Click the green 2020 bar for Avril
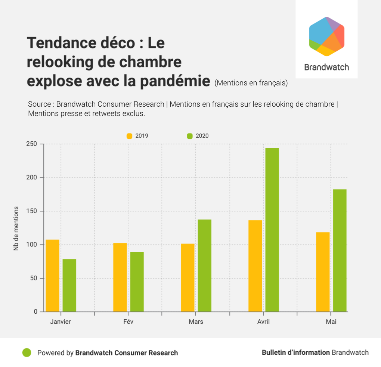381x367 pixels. (272, 229)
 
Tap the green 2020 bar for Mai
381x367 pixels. (340, 250)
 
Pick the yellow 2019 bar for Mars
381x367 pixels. (188, 277)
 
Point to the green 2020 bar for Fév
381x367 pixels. (137, 282)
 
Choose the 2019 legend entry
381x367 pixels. (137, 136)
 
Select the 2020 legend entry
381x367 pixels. (198, 136)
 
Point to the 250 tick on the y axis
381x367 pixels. (33, 144)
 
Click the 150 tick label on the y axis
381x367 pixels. (33, 211)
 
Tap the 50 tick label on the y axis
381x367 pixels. (34, 278)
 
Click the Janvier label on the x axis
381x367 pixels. (61, 321)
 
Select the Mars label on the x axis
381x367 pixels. (196, 321)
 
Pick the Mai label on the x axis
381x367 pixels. (331, 321)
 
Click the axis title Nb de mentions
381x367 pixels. (16, 228)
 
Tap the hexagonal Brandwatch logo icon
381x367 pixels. (326, 37)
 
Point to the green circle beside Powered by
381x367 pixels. (27, 352)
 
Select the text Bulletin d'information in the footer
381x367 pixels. (295, 352)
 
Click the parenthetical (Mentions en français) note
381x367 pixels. (251, 83)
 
